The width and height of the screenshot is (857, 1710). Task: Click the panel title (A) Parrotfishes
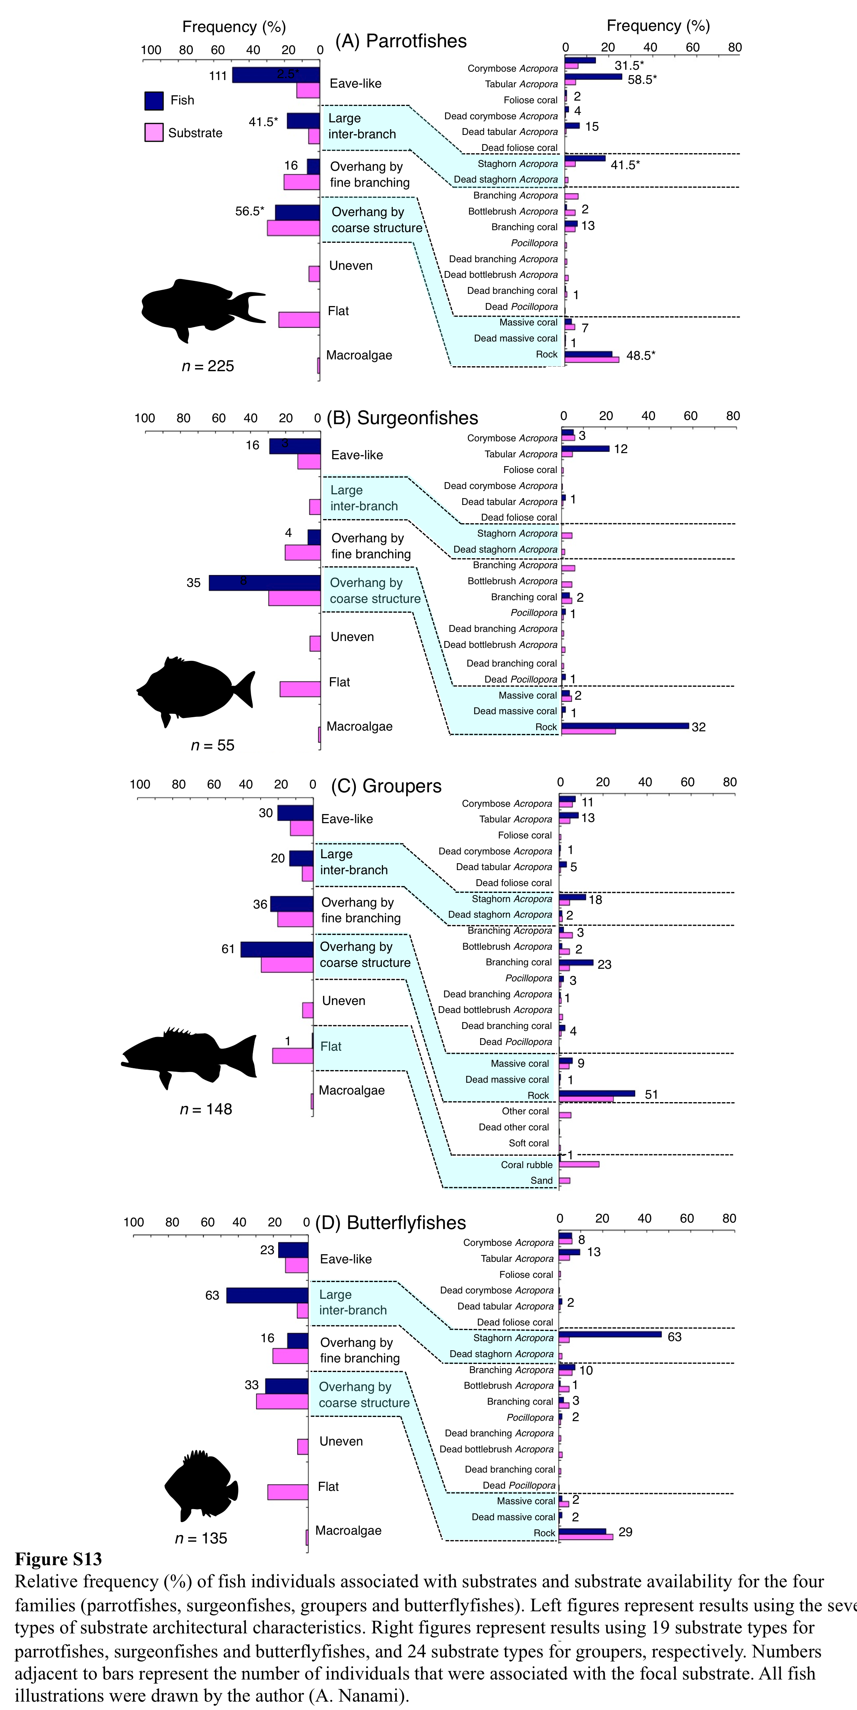tap(401, 41)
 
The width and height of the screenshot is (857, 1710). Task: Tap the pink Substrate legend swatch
tap(154, 133)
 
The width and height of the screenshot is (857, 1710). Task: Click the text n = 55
tap(212, 745)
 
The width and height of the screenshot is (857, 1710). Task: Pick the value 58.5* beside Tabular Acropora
tap(642, 80)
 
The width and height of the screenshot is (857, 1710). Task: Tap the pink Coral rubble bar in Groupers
tap(579, 1164)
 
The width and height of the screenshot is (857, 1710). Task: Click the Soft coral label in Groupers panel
tap(529, 1143)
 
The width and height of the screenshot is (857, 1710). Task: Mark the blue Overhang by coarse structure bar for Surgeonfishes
tap(265, 583)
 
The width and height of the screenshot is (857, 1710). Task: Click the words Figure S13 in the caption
tap(58, 1559)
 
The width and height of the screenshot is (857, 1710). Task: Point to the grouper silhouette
tap(189, 1057)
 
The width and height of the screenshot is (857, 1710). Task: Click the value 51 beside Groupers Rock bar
tap(651, 1095)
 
